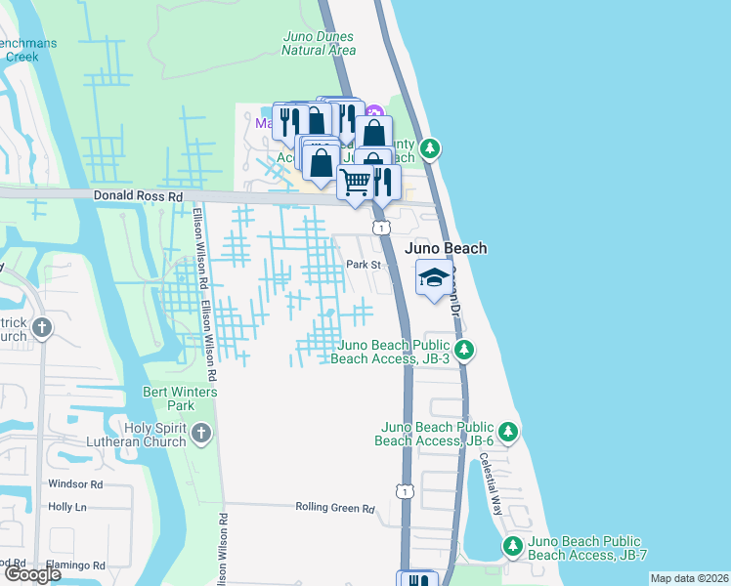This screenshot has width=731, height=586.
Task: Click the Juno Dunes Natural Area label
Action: [x=317, y=43]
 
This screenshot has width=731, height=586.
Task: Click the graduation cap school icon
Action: [x=434, y=279]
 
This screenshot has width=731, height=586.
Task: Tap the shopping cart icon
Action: [x=356, y=182]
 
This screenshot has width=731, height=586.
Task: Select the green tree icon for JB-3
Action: [x=466, y=349]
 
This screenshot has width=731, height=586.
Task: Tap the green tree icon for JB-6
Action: [x=507, y=431]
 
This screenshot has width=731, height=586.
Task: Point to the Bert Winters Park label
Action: [x=167, y=398]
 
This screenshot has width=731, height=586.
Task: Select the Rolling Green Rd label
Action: [x=335, y=508]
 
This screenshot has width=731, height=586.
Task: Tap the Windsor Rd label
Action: [x=75, y=484]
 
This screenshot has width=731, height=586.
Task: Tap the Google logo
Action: [x=32, y=574]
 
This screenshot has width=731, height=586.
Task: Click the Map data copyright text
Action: [x=689, y=578]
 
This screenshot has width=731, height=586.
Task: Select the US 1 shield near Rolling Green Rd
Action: [x=403, y=489]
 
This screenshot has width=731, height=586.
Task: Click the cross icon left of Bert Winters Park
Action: [x=41, y=328]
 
